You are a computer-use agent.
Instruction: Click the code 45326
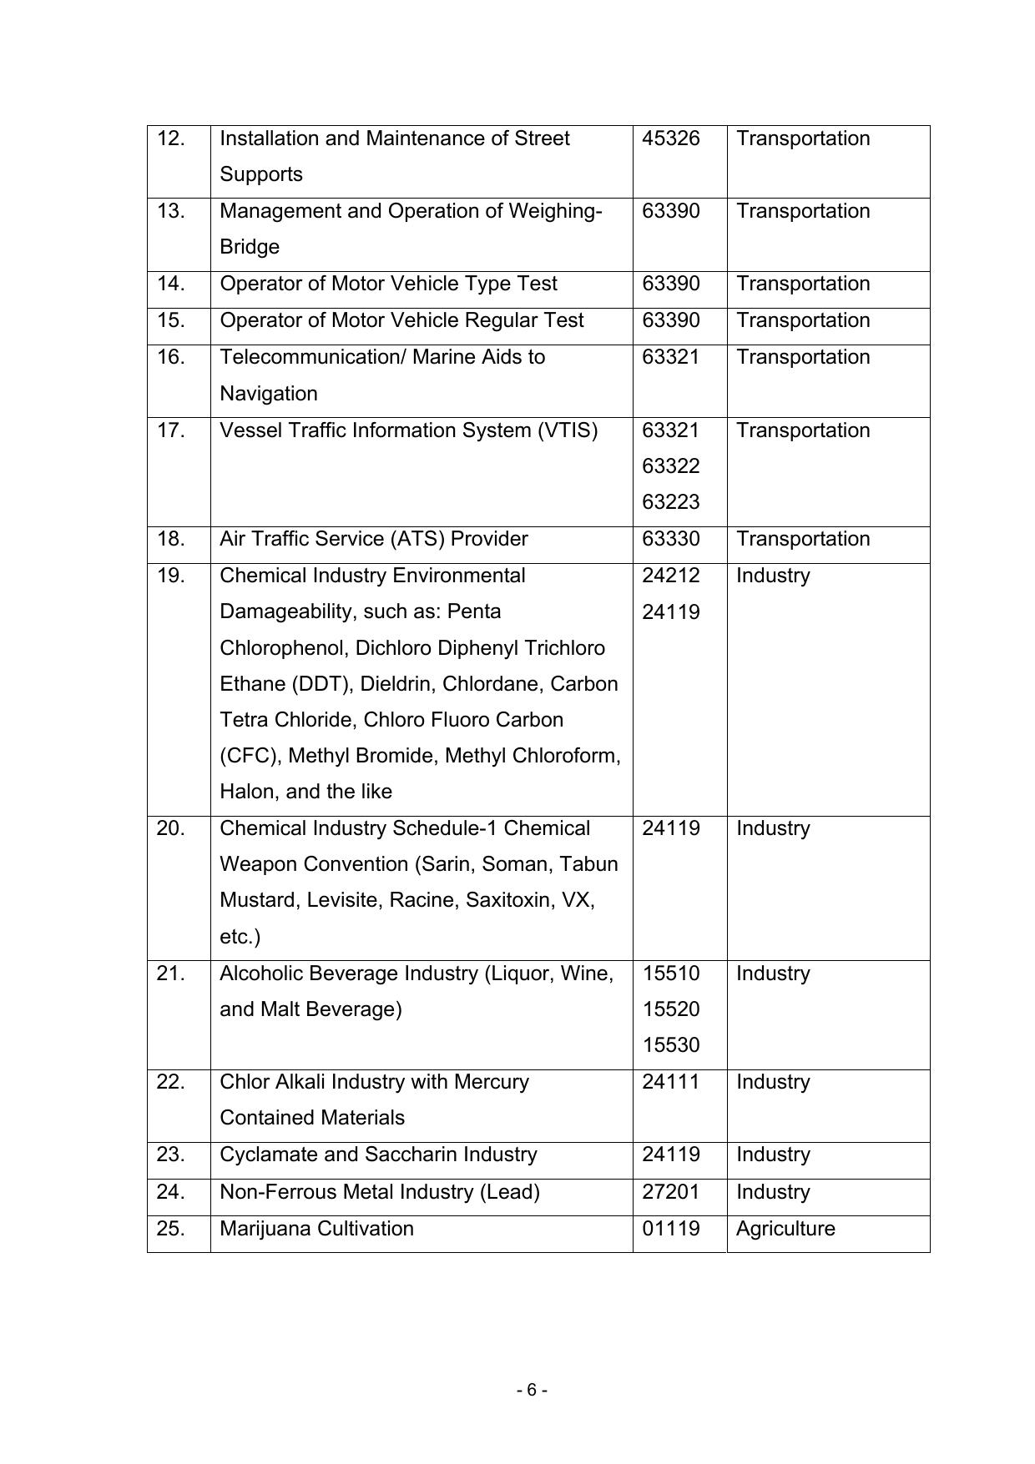pyautogui.click(x=670, y=138)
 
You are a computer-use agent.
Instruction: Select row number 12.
pyautogui.click(x=171, y=138)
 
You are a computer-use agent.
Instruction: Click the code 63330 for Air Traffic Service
pyautogui.click(x=670, y=539)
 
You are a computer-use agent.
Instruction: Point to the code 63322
pyautogui.click(x=670, y=466)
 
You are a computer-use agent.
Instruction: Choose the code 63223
pyautogui.click(x=670, y=502)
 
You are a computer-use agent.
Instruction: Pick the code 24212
pyautogui.click(x=670, y=576)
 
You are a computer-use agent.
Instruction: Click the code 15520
pyautogui.click(x=670, y=1009)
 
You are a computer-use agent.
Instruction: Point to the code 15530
pyautogui.click(x=670, y=1045)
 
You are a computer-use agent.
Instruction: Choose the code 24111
pyautogui.click(x=670, y=1082)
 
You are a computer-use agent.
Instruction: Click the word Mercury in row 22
pyautogui.click(x=492, y=1082)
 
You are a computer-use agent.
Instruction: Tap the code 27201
pyautogui.click(x=670, y=1192)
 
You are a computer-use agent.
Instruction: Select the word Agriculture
pyautogui.click(x=785, y=1229)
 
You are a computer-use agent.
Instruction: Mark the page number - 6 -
pyautogui.click(x=532, y=1390)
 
